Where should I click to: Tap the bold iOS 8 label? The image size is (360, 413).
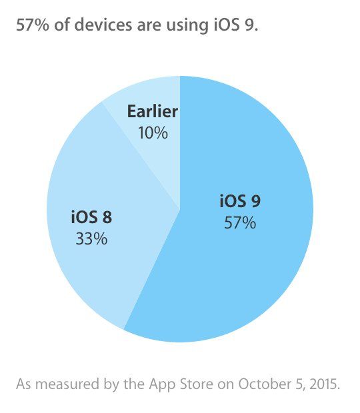coord(91,218)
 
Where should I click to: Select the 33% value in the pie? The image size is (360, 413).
coord(91,238)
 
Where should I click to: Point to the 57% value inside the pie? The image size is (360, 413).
coord(239,222)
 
